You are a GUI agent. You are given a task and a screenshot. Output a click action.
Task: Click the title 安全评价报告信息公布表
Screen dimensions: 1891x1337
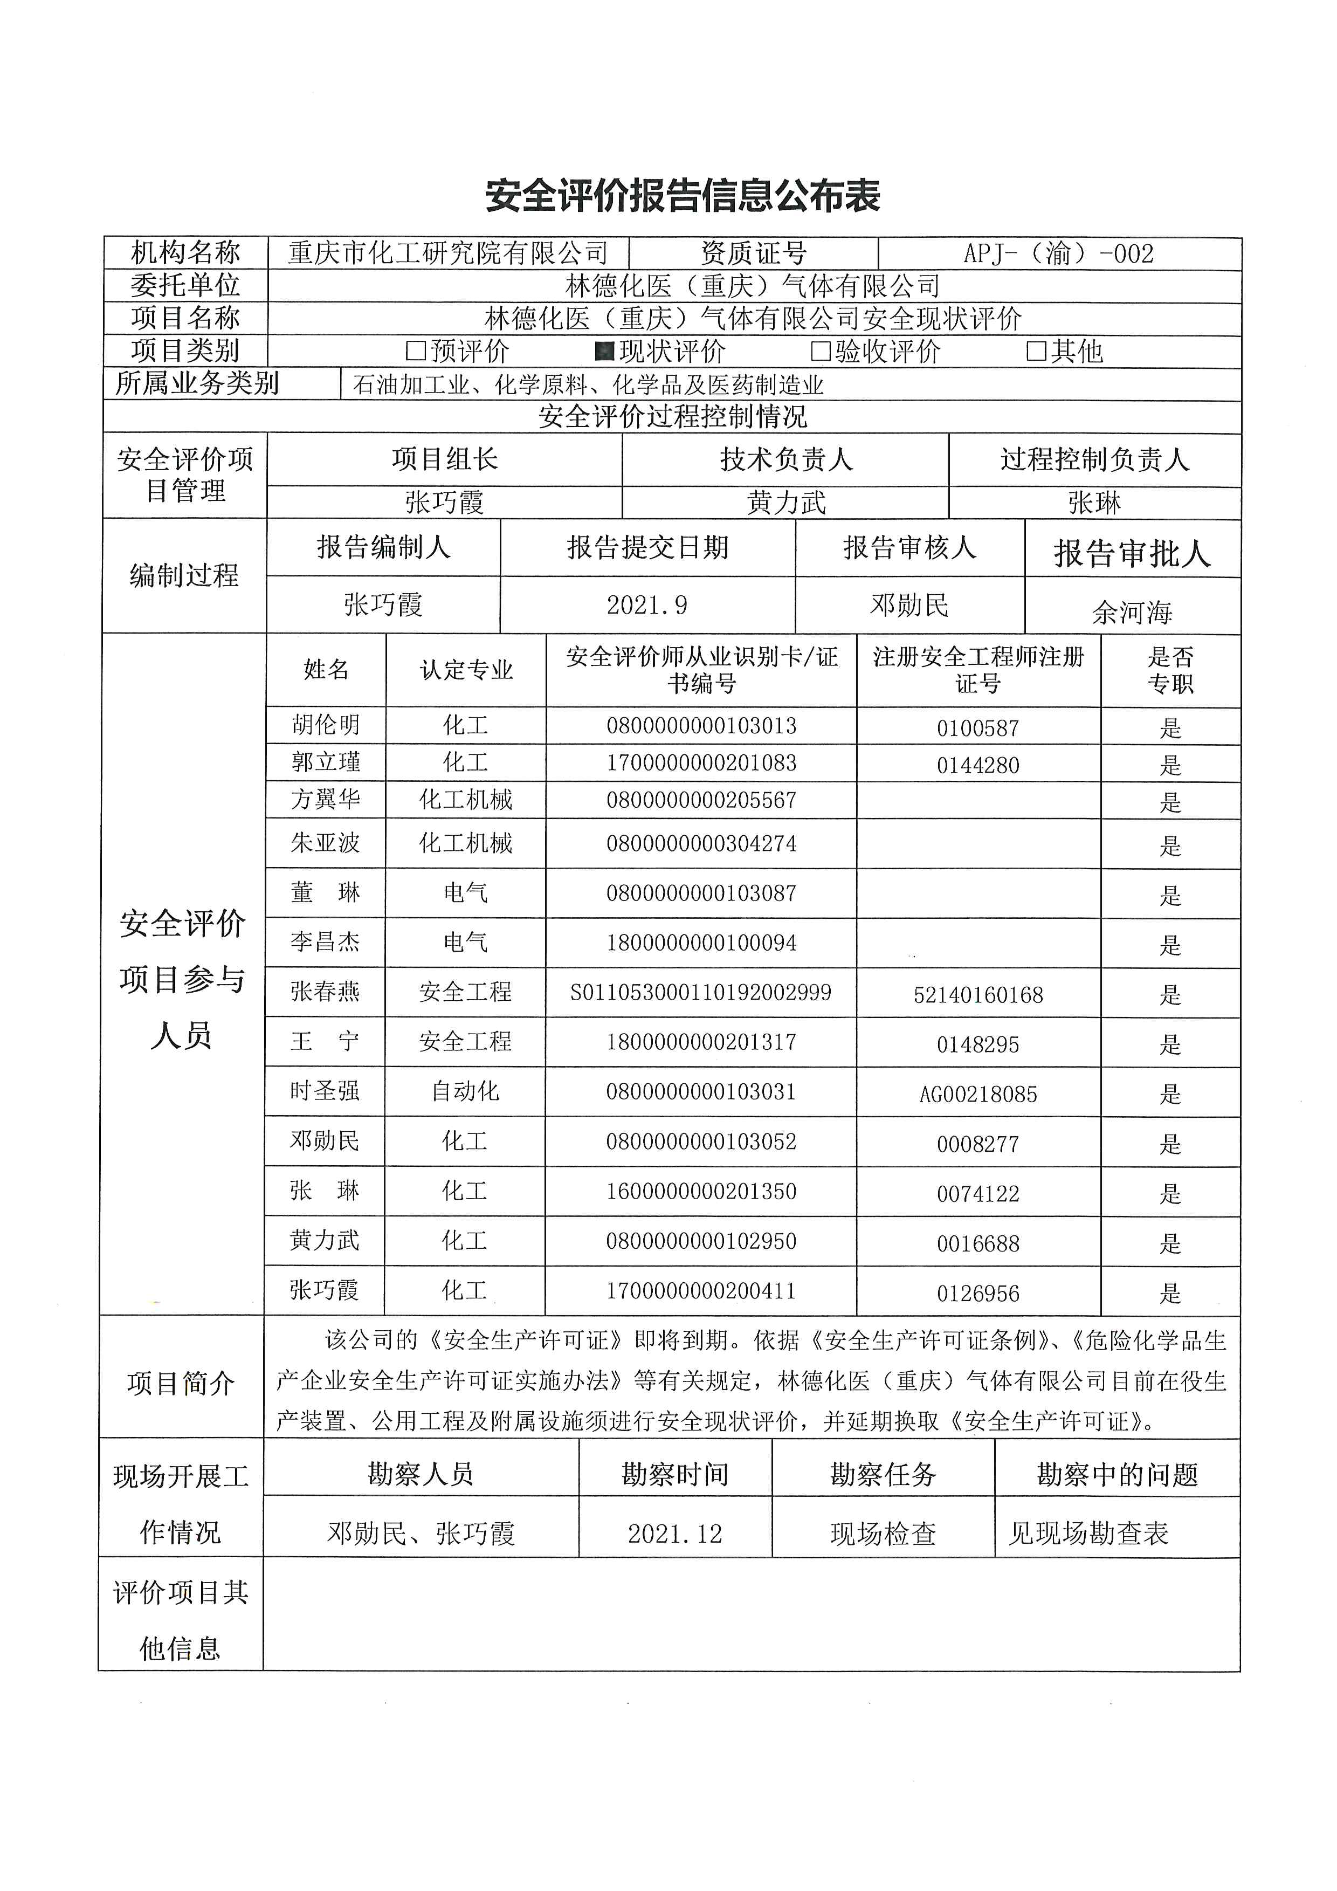tap(683, 196)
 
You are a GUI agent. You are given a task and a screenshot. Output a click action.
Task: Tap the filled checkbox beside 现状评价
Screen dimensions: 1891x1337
tap(604, 352)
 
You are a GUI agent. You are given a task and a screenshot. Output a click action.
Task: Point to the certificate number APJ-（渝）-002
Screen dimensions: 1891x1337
tap(1059, 253)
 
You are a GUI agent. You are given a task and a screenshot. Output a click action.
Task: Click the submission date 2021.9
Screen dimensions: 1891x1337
tap(647, 606)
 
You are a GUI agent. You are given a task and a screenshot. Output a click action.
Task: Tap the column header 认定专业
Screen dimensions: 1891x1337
tap(466, 670)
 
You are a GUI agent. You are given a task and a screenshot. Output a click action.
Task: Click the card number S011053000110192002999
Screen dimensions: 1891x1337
tap(701, 993)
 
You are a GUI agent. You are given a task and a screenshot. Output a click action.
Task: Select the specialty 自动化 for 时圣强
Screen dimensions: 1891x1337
tap(466, 1091)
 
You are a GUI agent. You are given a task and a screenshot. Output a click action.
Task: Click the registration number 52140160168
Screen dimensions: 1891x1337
tap(978, 995)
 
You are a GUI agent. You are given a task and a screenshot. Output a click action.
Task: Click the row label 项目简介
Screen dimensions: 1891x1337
tap(181, 1384)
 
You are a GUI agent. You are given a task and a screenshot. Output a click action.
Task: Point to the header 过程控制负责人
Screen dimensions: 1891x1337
tap(1095, 459)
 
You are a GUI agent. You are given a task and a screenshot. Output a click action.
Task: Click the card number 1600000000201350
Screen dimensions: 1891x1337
tap(701, 1191)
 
